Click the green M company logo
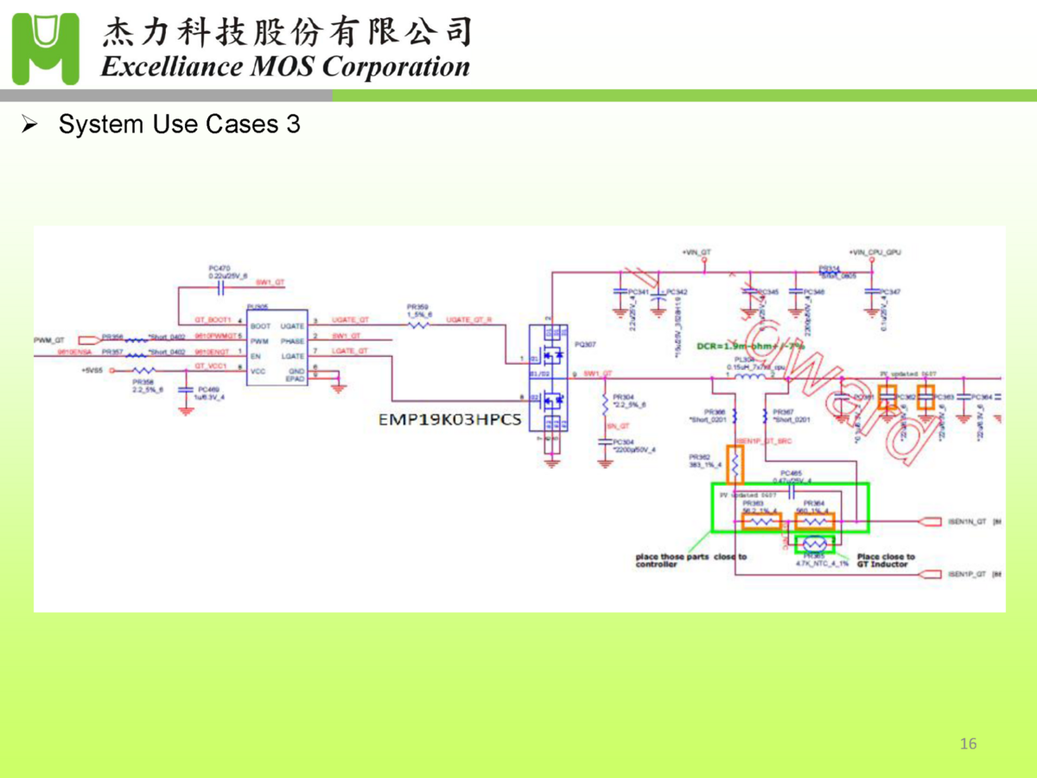tap(46, 48)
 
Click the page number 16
tap(968, 744)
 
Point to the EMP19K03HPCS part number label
tap(450, 421)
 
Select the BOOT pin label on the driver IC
tap(260, 326)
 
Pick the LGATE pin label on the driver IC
tap(292, 355)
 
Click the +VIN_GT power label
tap(696, 252)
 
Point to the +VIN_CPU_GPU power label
tap(875, 252)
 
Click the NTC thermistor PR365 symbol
tap(814, 543)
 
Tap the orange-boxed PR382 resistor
tap(735, 465)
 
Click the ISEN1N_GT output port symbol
tap(930, 522)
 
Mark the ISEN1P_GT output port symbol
tap(930, 575)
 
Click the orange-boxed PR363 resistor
tap(760, 521)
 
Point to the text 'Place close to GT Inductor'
tap(885, 560)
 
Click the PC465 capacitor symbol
tap(791, 488)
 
